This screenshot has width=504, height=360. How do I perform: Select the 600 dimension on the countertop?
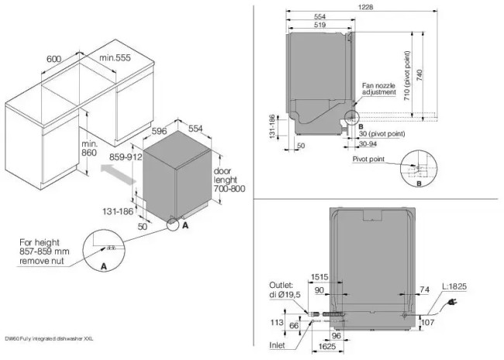tap(54, 59)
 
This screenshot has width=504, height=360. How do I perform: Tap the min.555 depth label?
tap(115, 59)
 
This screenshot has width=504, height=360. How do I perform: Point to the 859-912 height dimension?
tap(125, 156)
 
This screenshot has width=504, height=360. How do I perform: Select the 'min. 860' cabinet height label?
tap(90, 149)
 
